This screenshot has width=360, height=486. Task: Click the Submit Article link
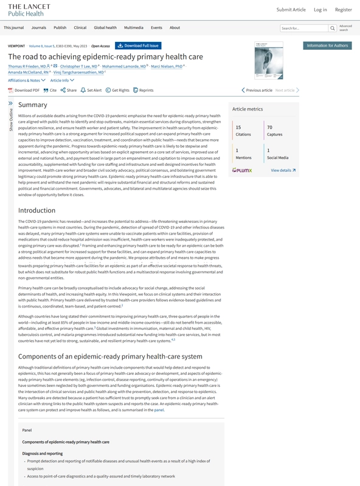point(291,10)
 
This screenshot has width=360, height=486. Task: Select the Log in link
point(320,10)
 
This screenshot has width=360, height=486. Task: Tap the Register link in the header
point(343,10)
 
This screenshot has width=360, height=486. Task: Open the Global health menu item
point(105,28)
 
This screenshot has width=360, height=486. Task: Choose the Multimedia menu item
point(133,28)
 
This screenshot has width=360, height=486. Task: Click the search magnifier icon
point(332,28)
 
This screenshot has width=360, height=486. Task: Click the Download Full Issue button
point(138,46)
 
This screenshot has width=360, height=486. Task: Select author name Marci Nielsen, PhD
point(167,66)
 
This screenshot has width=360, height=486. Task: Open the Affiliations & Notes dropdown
point(27,80)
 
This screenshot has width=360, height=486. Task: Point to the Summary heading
point(33,105)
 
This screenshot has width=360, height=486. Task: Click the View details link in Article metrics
point(283,171)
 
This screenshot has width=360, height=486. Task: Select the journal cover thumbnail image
point(265,60)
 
